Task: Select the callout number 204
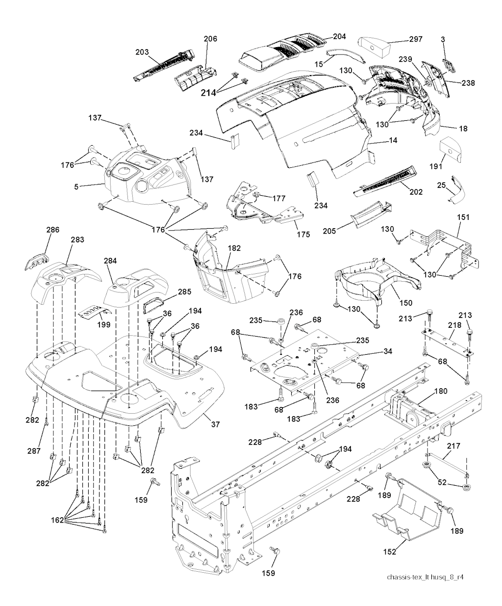(339, 36)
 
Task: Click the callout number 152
(390, 552)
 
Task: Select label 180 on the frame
(441, 391)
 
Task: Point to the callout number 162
(57, 520)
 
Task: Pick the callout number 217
(453, 446)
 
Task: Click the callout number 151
(463, 217)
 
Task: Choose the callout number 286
(52, 229)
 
